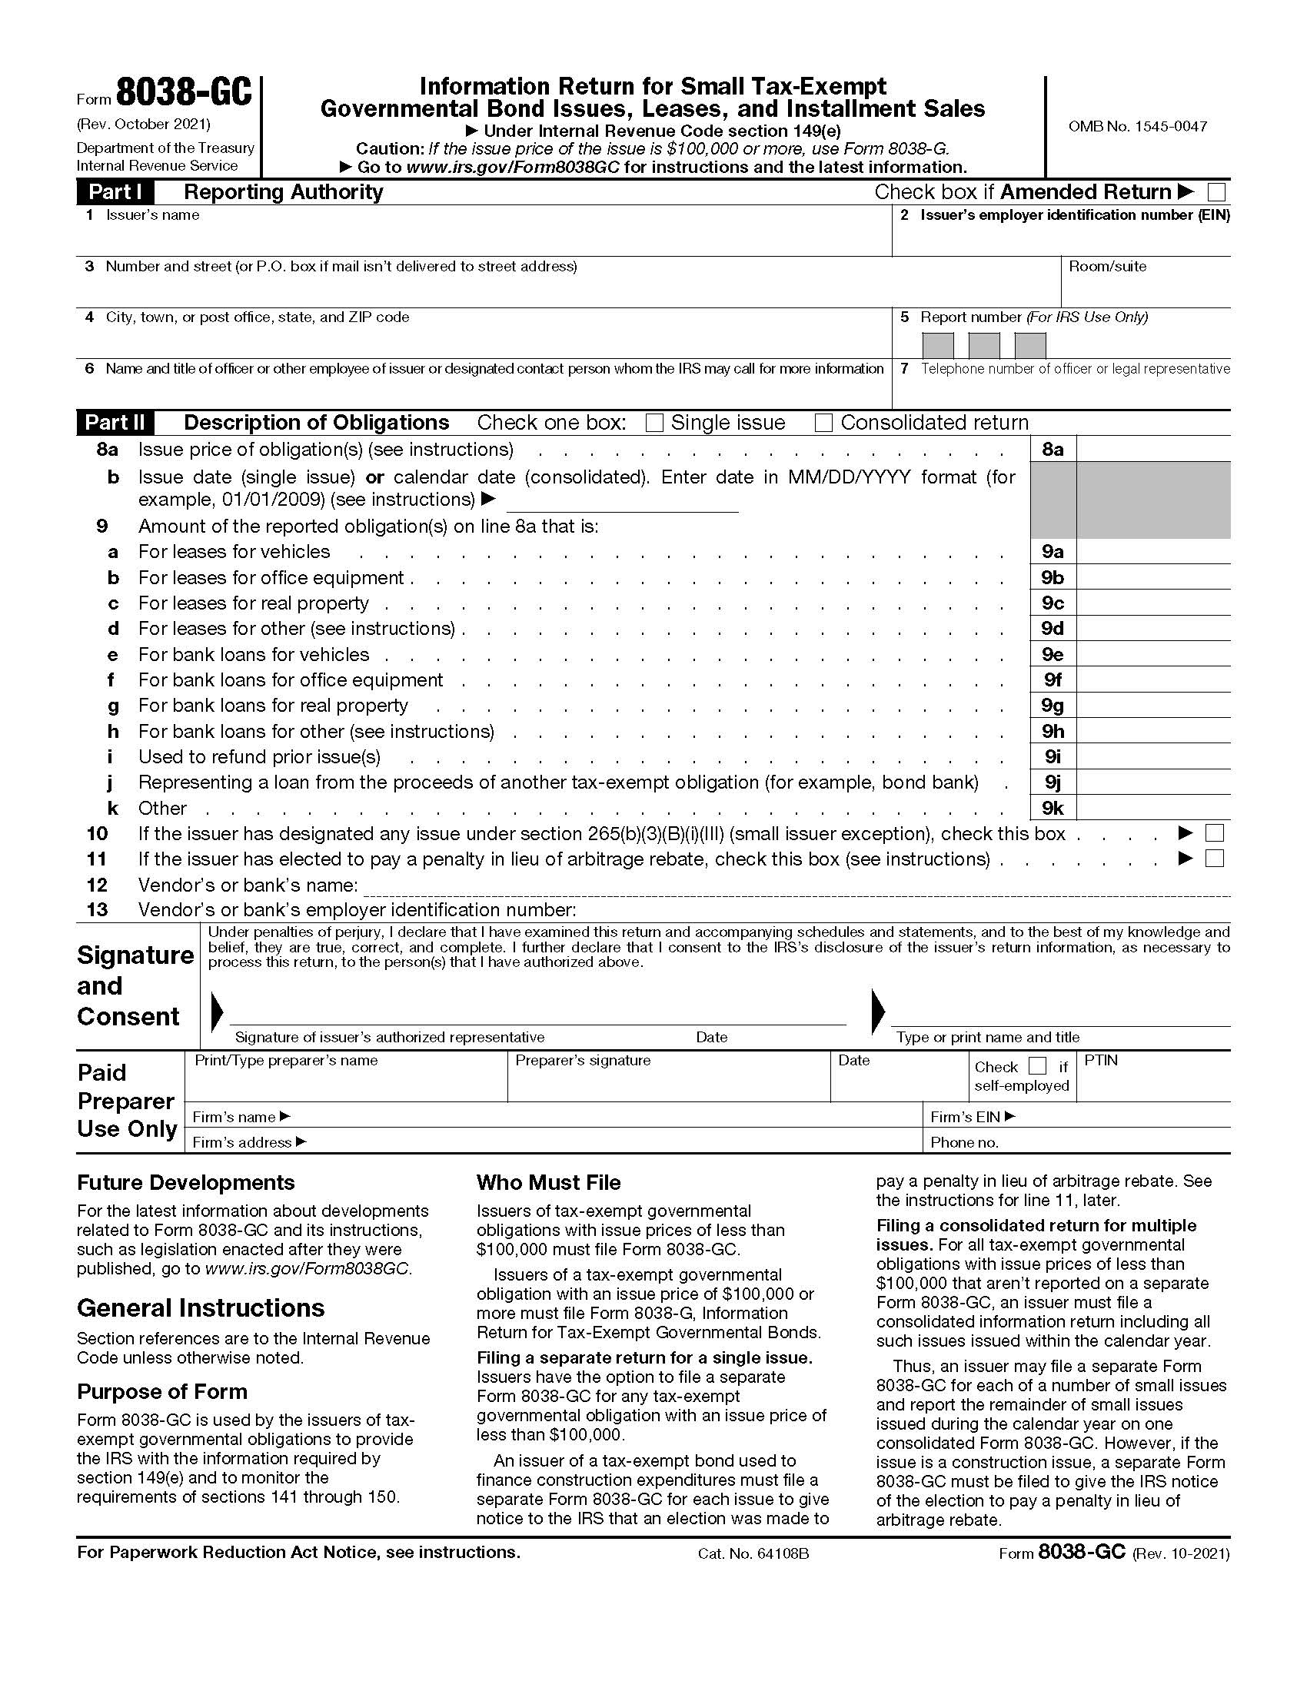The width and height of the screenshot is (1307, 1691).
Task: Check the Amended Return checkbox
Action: [1216, 191]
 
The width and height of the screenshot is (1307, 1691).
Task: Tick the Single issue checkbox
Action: [655, 423]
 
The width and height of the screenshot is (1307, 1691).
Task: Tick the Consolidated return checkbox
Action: [824, 423]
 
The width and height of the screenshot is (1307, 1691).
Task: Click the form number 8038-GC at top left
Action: [185, 94]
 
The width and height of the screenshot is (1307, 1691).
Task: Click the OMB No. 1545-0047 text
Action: [1136, 126]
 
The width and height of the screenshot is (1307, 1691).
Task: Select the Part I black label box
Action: [115, 192]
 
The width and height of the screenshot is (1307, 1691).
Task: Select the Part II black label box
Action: [115, 423]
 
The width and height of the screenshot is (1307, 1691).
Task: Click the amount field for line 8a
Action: [1152, 449]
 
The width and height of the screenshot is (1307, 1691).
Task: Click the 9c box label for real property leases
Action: [1053, 603]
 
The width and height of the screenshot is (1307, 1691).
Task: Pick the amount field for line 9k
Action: [1152, 809]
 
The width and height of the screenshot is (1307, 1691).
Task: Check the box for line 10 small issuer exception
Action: [1215, 833]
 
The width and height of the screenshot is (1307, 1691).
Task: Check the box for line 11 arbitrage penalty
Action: [1215, 859]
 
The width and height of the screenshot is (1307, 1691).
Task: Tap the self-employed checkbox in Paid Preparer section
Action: [1038, 1066]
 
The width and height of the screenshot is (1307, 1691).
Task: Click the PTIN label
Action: [1100, 1060]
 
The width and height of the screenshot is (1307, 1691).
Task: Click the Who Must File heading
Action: [548, 1182]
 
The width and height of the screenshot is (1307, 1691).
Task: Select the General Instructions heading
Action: [201, 1307]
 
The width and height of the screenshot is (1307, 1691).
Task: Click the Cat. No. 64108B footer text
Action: [753, 1553]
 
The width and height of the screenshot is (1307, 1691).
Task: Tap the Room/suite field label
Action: [1107, 267]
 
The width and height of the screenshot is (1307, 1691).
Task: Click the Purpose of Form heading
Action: [161, 1391]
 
